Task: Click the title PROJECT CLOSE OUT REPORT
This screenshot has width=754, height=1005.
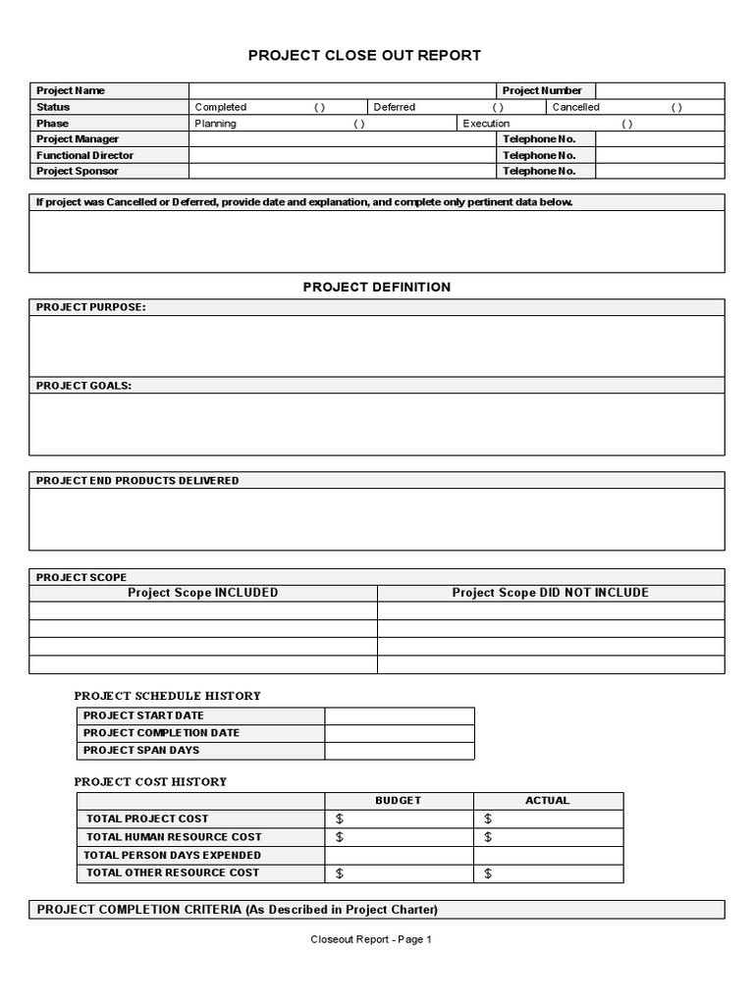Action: tap(364, 56)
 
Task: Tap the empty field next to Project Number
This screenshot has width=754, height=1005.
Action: tap(660, 90)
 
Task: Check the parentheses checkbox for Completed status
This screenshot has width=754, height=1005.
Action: tap(320, 107)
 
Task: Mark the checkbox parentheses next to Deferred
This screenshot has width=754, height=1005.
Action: tap(498, 107)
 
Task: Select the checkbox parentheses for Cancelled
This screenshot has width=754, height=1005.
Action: tap(676, 107)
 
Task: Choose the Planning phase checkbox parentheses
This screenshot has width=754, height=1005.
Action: tap(359, 124)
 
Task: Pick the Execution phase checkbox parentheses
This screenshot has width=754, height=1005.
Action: tap(626, 124)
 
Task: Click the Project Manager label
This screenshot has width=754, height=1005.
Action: tap(78, 139)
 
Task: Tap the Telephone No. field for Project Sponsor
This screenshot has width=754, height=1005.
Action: tap(660, 171)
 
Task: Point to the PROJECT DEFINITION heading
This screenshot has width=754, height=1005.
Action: tap(376, 287)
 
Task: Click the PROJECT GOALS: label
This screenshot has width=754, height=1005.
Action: tap(83, 386)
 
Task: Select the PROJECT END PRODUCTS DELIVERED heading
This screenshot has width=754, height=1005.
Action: tap(137, 480)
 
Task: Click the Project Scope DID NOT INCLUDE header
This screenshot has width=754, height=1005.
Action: tap(550, 593)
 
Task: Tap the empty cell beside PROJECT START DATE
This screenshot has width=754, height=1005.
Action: tap(399, 715)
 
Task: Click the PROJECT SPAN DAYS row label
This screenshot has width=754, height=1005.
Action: tap(141, 750)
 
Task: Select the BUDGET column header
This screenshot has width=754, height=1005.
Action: tap(398, 800)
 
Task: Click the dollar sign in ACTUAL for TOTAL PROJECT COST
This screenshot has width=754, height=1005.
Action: tap(488, 819)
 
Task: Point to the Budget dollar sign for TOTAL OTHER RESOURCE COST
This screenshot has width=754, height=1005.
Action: tap(340, 873)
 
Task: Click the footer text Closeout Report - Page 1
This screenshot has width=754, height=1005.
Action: tap(371, 939)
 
